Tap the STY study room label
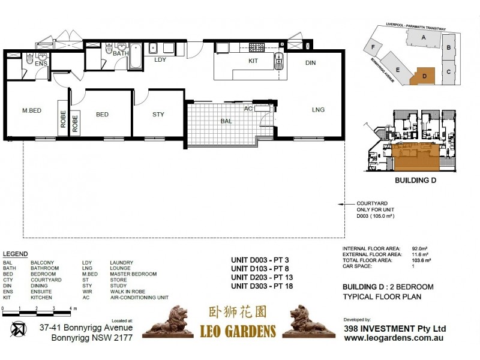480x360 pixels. pyautogui.click(x=158, y=114)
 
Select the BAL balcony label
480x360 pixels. pyautogui.click(x=226, y=121)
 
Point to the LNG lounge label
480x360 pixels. pyautogui.click(x=318, y=109)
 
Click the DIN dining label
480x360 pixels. pyautogui.click(x=310, y=62)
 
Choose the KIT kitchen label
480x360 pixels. pyautogui.click(x=254, y=61)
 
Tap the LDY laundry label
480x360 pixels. pyautogui.click(x=160, y=60)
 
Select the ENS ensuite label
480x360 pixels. pyautogui.click(x=41, y=63)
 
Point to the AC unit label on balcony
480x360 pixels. pyautogui.click(x=248, y=109)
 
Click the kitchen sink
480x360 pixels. pyautogui.click(x=279, y=58)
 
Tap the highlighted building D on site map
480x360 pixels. pyautogui.click(x=423, y=76)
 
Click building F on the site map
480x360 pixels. pyautogui.click(x=374, y=47)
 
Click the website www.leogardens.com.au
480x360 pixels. pyautogui.click(x=394, y=338)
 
